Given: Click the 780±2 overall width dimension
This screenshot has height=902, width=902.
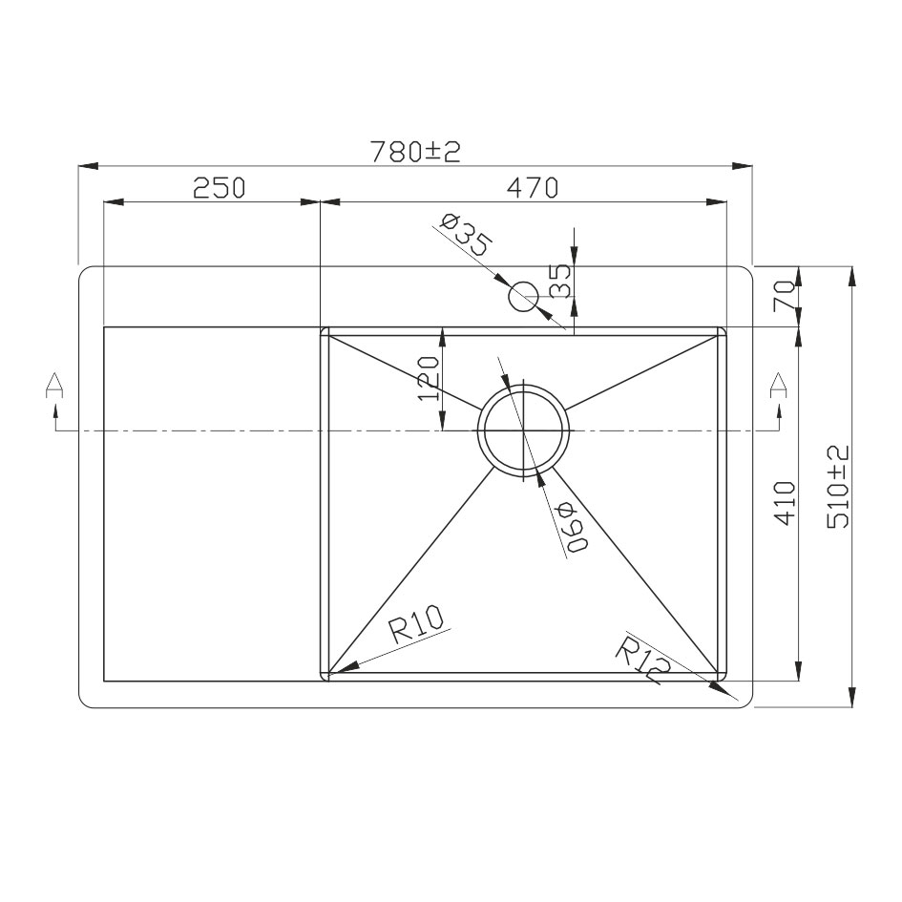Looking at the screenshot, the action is point(415,152).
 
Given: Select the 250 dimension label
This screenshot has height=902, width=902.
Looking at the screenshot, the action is point(220,187).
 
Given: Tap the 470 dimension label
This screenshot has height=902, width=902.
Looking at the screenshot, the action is point(532,187).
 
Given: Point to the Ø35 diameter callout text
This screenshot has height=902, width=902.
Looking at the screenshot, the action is point(466,235).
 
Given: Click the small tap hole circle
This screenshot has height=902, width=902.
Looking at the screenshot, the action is point(523,297).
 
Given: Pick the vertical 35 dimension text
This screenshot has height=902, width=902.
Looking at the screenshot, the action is point(559,281).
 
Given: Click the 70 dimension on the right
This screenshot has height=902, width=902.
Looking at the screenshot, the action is point(786,296).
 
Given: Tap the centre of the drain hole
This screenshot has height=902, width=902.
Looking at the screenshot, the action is point(523,430).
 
